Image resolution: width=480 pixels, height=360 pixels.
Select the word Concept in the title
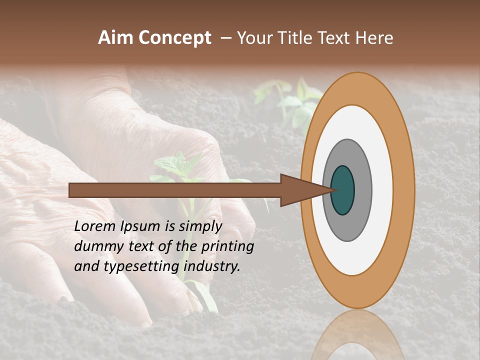pyautogui.click(x=174, y=38)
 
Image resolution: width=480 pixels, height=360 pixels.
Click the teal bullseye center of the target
pyautogui.click(x=343, y=190)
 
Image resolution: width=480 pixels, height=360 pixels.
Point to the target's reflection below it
pyautogui.click(x=357, y=335)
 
